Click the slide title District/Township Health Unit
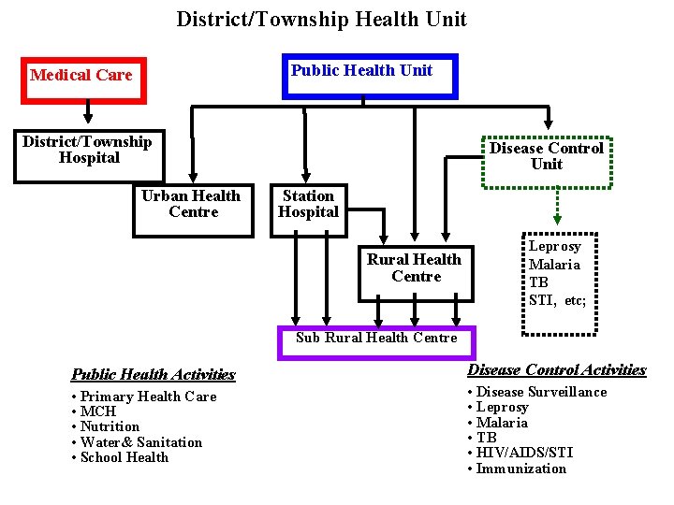(321, 19)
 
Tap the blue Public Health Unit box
(361, 75)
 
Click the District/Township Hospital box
(89, 154)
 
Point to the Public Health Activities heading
(154, 374)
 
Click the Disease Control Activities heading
(557, 370)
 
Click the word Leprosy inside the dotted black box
(555, 247)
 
